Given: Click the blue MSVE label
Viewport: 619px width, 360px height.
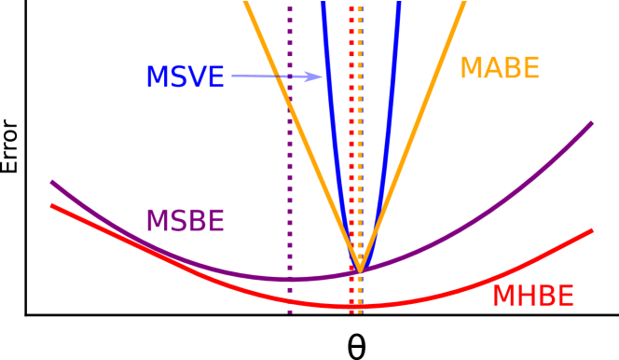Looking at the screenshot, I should click(185, 77).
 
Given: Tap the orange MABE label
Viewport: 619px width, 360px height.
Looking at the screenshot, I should click(500, 68).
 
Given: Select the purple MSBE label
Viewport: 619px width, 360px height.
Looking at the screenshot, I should click(185, 221).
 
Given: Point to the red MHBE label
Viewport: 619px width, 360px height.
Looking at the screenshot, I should click(532, 297).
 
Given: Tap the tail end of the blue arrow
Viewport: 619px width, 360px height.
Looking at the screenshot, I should click(233, 76).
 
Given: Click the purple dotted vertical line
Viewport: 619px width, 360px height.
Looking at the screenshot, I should click(290, 187).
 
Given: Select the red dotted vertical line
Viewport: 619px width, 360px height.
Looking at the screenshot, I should click(351, 140).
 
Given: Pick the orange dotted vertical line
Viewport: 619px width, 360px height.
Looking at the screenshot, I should click(360, 140).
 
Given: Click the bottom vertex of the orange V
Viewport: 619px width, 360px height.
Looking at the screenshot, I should click(360, 270).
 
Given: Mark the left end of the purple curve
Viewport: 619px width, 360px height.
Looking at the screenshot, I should click(52, 183).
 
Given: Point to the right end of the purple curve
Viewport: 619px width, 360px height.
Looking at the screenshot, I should click(591, 123).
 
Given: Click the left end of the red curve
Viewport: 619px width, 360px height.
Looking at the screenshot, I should click(52, 205).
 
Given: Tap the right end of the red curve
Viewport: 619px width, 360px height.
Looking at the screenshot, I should click(591, 230).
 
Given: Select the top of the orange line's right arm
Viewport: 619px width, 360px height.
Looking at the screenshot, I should click(462, 3).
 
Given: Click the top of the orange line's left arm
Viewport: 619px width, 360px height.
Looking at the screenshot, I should click(246, 3).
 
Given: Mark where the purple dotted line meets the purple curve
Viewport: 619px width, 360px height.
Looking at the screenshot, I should click(290, 279).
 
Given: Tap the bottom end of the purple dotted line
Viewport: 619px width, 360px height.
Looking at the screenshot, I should click(290, 312).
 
